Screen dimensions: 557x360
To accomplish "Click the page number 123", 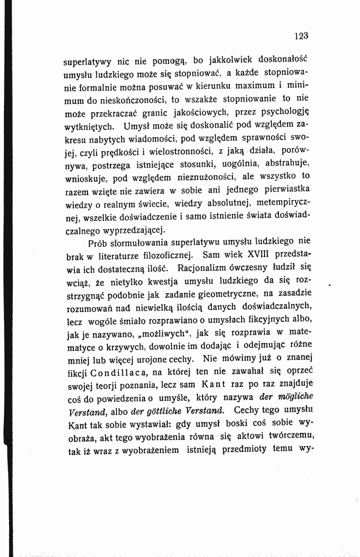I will coord(301,35).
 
